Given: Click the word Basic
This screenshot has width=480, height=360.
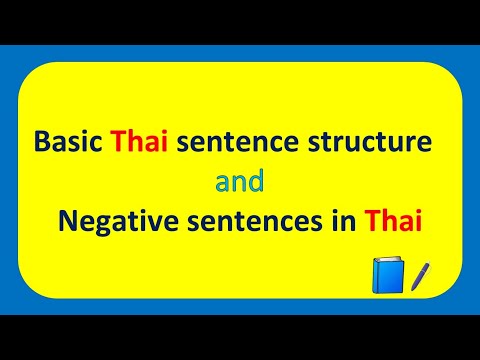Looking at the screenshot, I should coord(70,142).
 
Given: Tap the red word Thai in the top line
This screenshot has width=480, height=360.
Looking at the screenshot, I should coord(142,142).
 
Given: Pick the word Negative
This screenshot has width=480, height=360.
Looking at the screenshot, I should coord(106,223).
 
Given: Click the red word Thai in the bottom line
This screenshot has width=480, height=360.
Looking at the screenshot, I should coord(394,223).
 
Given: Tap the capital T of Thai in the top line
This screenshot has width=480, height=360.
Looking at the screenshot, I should coord(120,142).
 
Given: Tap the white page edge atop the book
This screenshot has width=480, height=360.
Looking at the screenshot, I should coord(386,259).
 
